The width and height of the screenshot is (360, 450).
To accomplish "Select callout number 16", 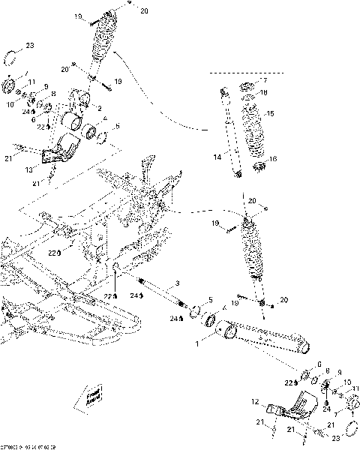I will point(273,159).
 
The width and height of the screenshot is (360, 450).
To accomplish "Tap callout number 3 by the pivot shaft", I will point(177,283).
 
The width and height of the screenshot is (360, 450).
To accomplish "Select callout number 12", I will point(256,402).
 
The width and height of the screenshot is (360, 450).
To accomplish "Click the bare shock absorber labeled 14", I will point(231,135).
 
